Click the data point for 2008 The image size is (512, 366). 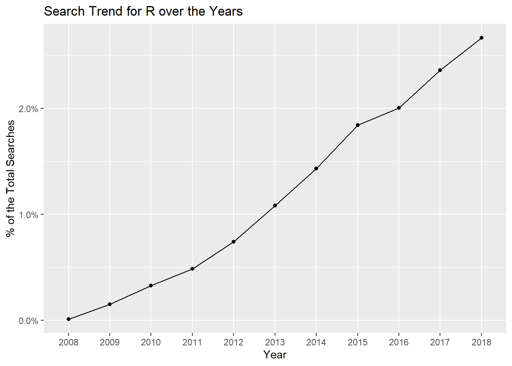(68, 319)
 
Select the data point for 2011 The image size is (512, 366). (192, 269)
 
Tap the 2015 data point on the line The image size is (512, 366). (358, 125)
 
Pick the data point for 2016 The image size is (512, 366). (399, 108)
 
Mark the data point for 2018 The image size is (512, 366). (482, 38)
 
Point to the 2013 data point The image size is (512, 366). (275, 205)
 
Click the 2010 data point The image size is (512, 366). (151, 286)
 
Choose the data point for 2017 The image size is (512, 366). (440, 70)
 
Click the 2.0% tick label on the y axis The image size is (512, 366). (28, 109)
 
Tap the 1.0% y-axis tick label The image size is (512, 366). (28, 215)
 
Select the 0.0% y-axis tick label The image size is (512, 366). (28, 321)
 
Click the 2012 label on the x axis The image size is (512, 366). (234, 342)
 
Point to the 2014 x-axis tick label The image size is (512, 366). (316, 342)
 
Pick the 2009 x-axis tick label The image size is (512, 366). (109, 342)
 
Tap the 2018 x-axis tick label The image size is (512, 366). (482, 342)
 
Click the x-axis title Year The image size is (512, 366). (275, 355)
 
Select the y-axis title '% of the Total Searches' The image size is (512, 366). (10, 179)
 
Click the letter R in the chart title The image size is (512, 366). (150, 11)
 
